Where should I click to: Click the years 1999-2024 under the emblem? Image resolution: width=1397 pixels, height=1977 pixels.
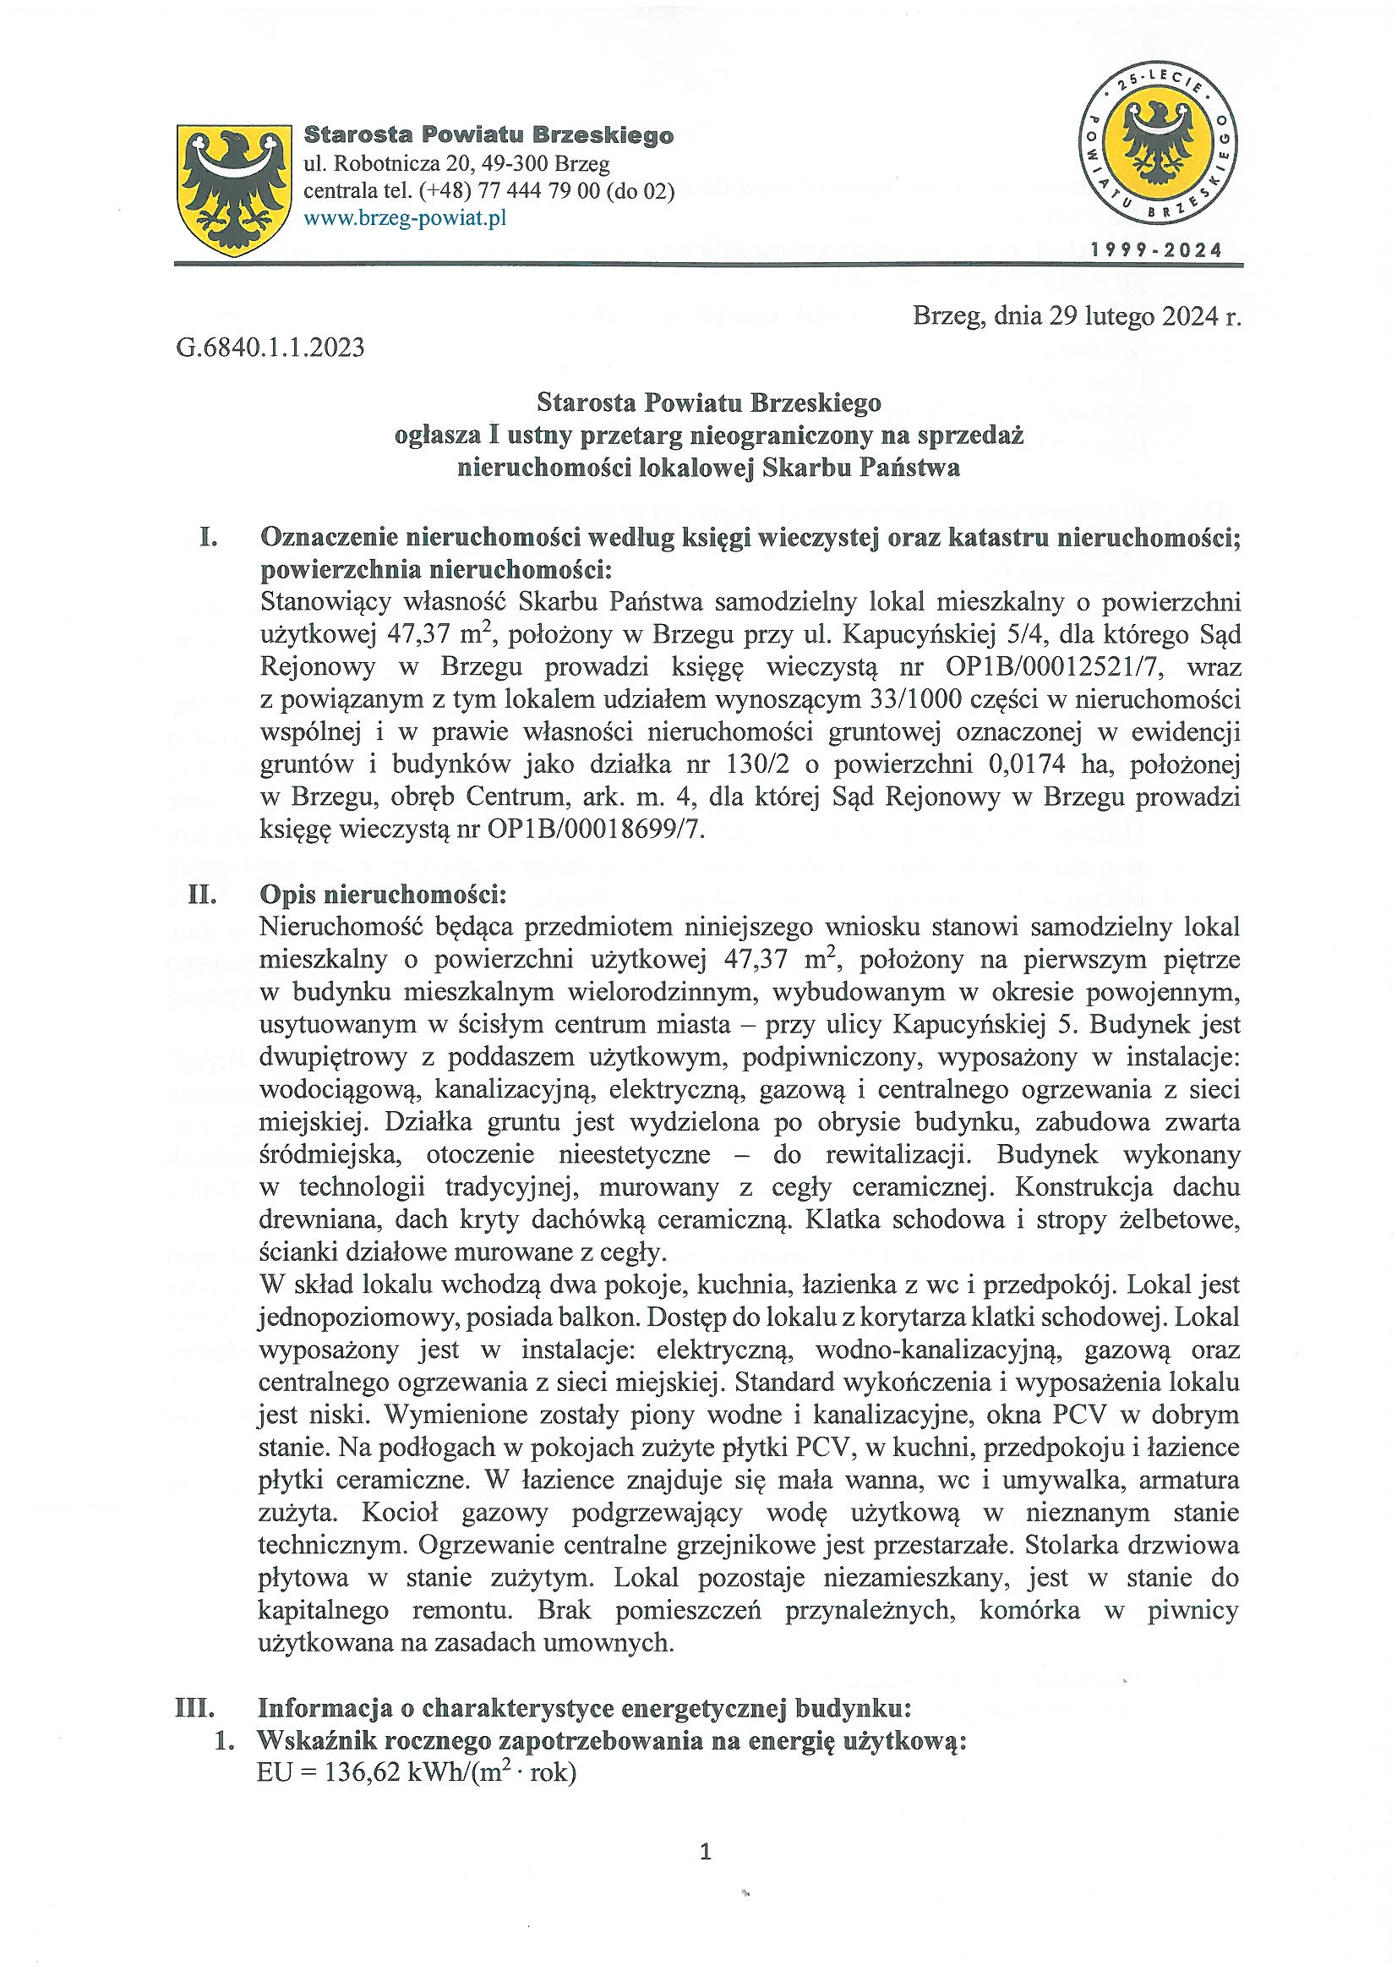1156,251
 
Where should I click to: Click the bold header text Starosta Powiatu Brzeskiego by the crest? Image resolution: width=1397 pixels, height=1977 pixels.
488,136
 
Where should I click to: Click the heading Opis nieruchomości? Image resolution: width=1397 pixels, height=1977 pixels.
383,895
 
